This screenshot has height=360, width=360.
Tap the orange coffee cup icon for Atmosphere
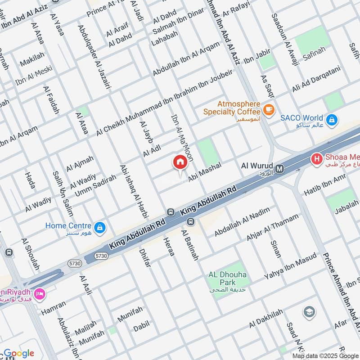pyautogui.click(x=269, y=109)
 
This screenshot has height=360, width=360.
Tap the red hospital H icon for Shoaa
pyautogui.click(x=317, y=159)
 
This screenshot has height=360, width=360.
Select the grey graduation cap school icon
pyautogui.click(x=309, y=311)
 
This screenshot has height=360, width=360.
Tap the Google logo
pyautogui.click(x=19, y=353)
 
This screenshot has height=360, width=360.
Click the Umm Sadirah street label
pyautogui.click(x=95, y=185)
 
